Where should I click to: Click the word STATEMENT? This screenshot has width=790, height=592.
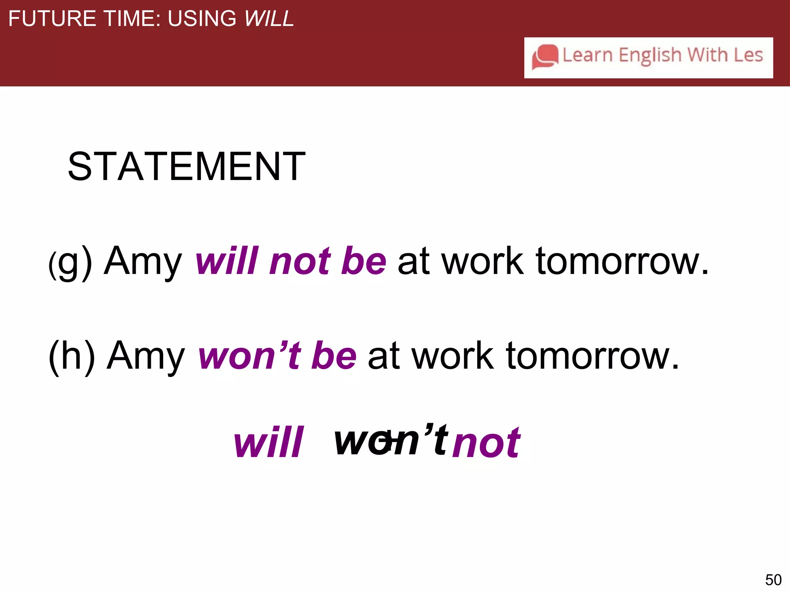point(187,166)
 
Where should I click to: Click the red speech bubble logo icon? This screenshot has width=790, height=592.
point(545,57)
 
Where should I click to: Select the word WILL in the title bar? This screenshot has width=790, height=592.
point(269,18)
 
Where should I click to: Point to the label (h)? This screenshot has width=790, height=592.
point(72,357)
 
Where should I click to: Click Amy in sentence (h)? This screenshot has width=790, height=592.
point(146,357)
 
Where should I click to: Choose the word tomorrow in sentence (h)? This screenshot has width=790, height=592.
point(592,357)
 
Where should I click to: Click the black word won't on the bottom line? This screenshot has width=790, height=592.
point(391,439)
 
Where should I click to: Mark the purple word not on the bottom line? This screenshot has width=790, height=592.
point(487,443)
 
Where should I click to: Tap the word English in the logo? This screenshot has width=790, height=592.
point(650,55)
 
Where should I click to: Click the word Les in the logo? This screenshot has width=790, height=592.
point(748,55)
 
